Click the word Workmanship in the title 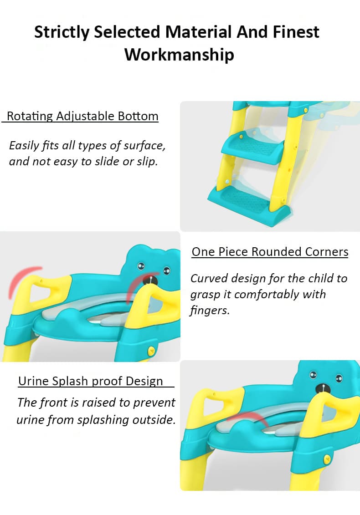point(179,55)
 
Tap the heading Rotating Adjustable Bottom point(82,116)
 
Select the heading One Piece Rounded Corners point(270,252)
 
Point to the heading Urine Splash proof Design point(91,381)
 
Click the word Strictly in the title point(62,32)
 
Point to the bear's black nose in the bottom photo point(323,388)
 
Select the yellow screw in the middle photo point(151,351)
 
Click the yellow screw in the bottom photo point(327,459)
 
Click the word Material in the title point(198,32)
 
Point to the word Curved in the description point(209,279)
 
